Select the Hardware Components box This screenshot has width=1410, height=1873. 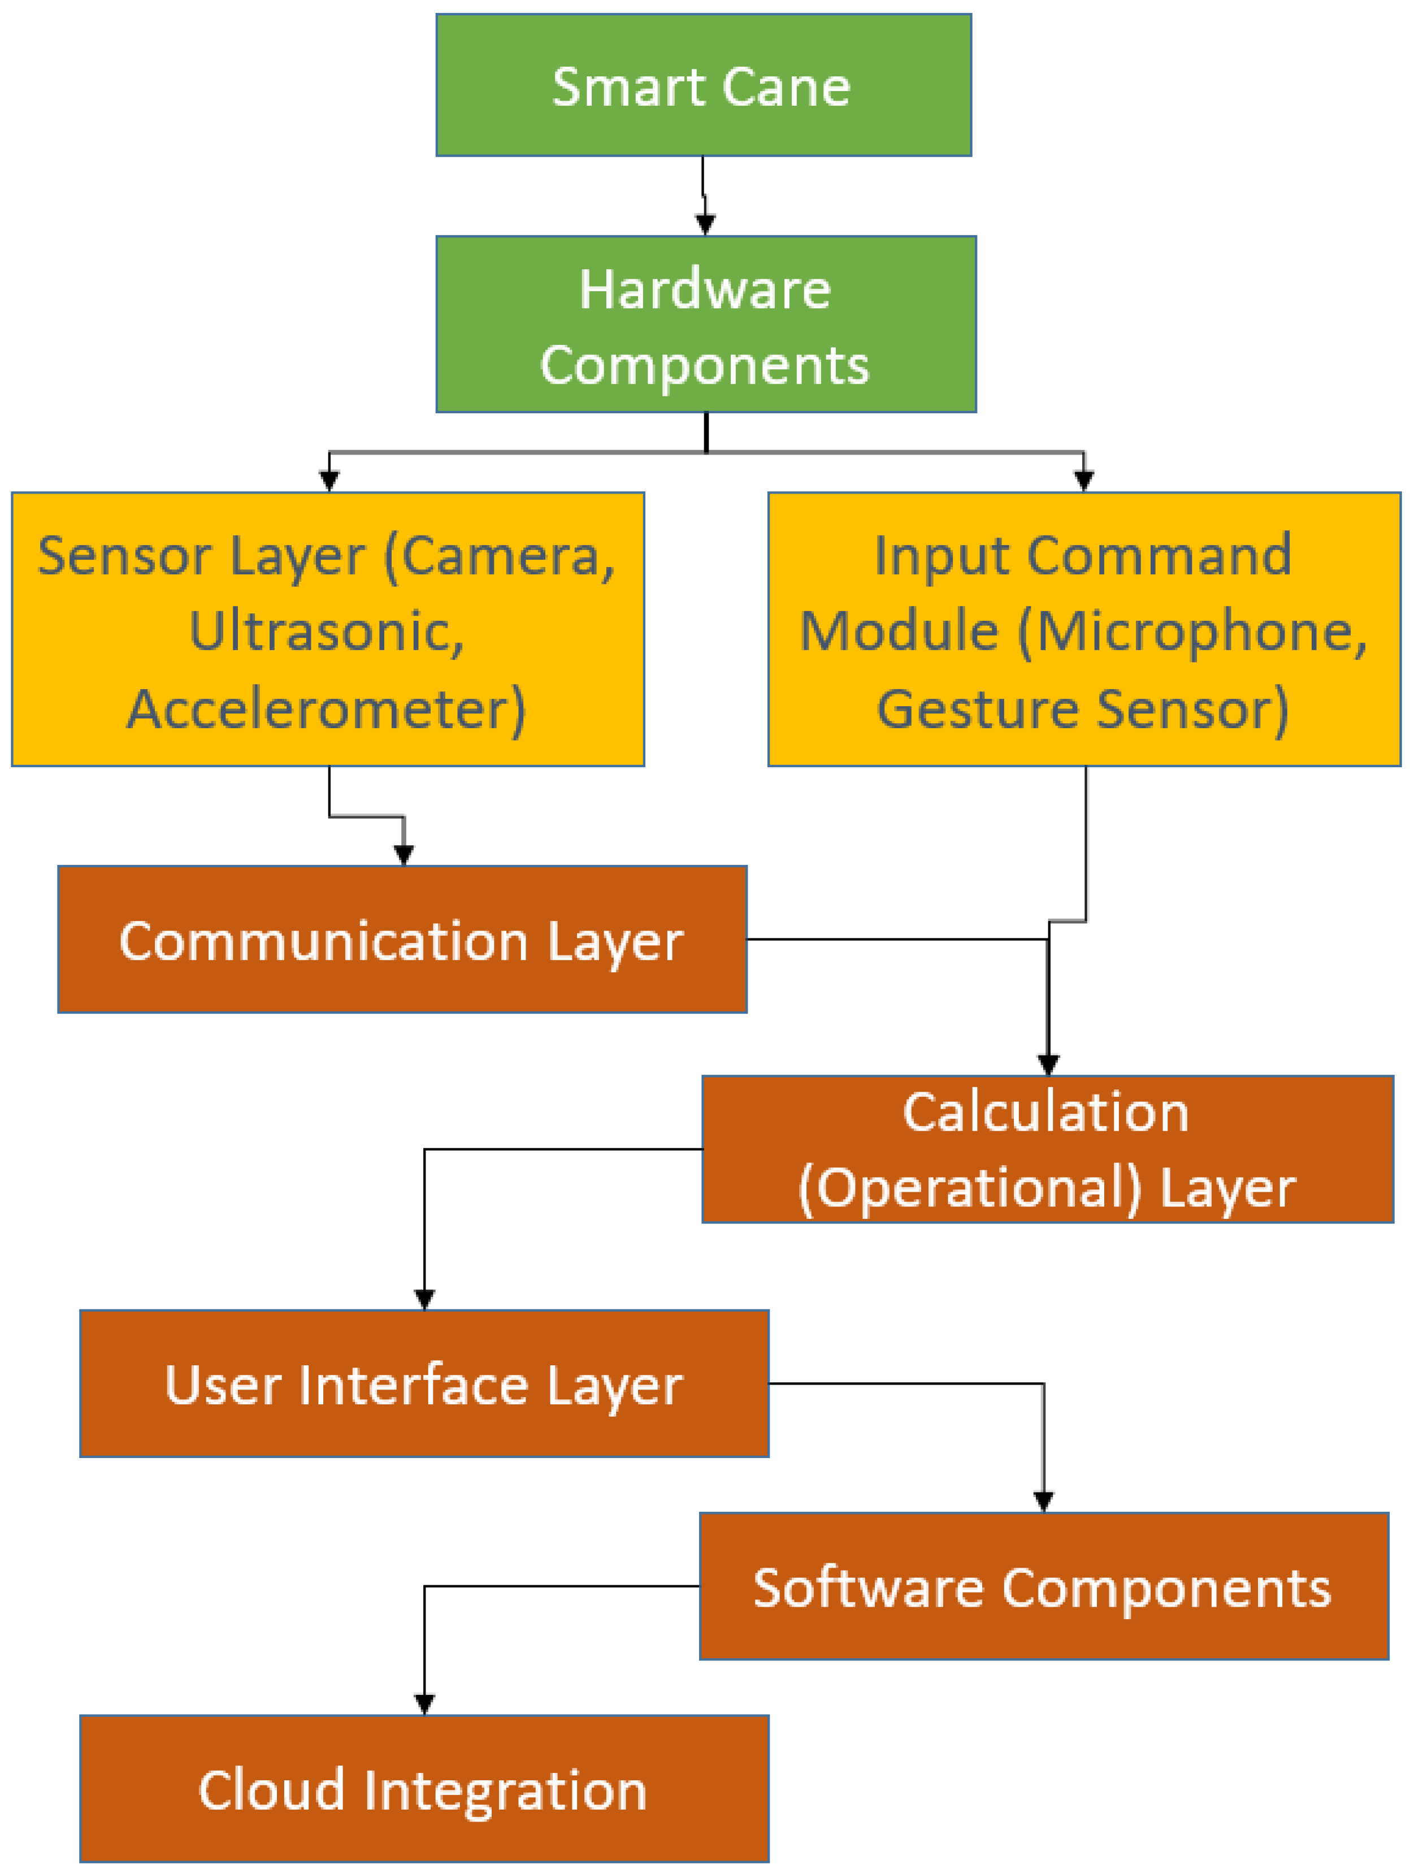pyautogui.click(x=705, y=325)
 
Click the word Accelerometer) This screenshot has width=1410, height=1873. pyautogui.click(x=326, y=710)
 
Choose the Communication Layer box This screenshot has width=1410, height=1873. pyautogui.click(x=401, y=940)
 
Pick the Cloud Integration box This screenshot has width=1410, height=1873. pyautogui.click(x=423, y=1790)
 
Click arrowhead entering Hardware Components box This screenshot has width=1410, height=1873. pyautogui.click(x=705, y=224)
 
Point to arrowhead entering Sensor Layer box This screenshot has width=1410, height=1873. pyautogui.click(x=329, y=481)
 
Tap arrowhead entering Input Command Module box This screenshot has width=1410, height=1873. pyautogui.click(x=1083, y=481)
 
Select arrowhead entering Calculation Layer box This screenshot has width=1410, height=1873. pyautogui.click(x=1048, y=1065)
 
